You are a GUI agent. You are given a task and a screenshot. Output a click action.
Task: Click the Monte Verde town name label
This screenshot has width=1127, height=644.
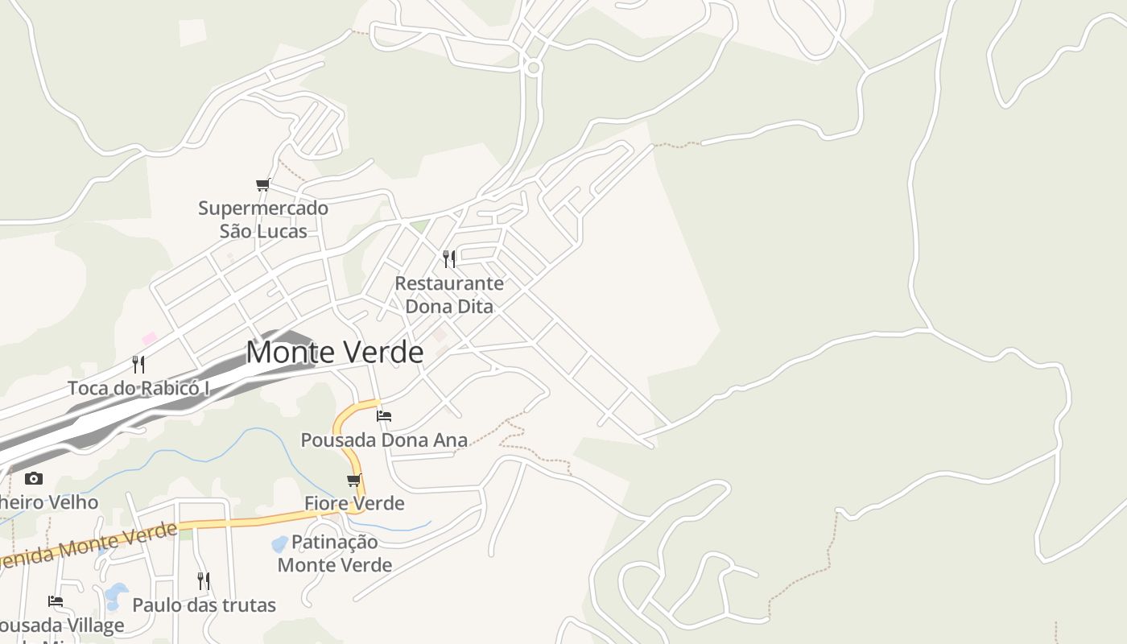click(334, 353)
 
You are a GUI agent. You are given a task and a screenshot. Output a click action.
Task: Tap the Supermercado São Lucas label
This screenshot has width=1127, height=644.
click(263, 220)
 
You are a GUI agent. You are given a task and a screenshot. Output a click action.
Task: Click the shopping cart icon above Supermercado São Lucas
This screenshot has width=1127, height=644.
click(262, 185)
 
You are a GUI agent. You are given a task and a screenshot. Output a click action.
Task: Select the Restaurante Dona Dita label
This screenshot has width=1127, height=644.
click(449, 295)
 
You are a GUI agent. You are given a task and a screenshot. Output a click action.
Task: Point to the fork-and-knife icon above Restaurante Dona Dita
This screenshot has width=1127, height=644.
click(449, 258)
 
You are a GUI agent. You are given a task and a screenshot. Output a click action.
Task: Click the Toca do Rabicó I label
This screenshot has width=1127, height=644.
click(138, 388)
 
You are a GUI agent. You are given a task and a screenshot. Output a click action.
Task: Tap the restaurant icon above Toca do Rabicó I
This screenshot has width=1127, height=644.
click(138, 364)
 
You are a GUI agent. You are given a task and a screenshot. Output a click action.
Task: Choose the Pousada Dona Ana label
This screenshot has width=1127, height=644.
click(384, 440)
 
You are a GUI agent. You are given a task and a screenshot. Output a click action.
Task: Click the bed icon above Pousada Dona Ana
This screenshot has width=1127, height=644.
click(384, 416)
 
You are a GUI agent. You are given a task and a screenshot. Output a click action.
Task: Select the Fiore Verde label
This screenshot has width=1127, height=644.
click(354, 503)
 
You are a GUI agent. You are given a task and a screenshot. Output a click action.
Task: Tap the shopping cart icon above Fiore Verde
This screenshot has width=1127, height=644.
click(353, 481)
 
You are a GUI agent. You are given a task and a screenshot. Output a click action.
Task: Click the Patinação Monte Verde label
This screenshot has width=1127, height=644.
click(334, 553)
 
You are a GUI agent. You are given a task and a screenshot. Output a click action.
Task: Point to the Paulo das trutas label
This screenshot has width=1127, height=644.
click(204, 605)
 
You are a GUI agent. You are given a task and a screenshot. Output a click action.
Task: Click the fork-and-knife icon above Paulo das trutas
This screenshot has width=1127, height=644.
click(204, 580)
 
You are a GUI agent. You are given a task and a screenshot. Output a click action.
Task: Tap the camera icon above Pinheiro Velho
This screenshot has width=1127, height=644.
click(33, 478)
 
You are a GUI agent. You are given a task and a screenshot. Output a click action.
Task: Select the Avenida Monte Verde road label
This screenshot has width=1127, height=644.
click(89, 545)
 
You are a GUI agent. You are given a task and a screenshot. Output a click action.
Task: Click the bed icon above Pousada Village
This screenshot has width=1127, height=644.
click(56, 601)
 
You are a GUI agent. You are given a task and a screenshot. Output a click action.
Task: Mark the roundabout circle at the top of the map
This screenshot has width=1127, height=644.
click(532, 68)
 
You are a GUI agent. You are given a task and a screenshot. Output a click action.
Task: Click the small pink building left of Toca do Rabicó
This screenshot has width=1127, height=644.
click(149, 339)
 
